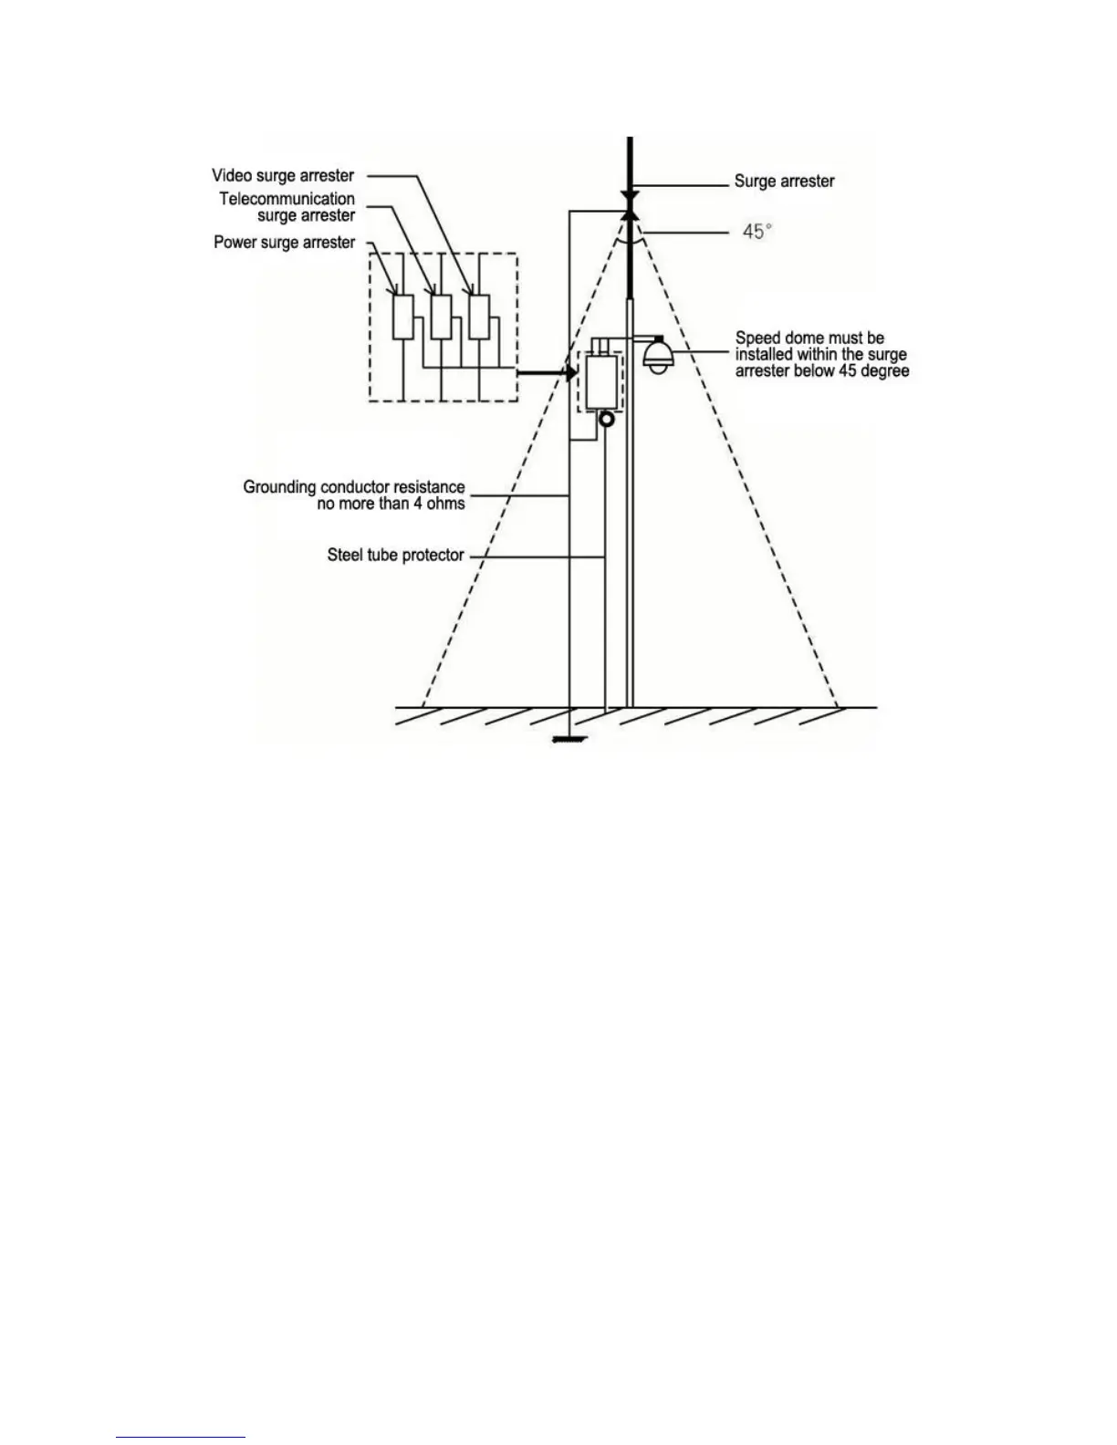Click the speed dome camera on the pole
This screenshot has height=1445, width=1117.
(x=656, y=355)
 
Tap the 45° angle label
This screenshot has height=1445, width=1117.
(x=757, y=232)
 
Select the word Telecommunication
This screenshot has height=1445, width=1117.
(x=287, y=199)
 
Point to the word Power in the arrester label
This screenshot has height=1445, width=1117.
(x=235, y=243)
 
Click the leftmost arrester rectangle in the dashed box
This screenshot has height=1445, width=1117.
(x=402, y=317)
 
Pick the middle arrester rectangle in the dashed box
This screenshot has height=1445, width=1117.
(x=441, y=317)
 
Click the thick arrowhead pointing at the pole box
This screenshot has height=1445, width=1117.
(x=569, y=372)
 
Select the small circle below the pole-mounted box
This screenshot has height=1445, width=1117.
(x=606, y=420)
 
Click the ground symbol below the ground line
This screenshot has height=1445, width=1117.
(x=569, y=741)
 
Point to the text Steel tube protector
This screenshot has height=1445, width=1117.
(x=395, y=555)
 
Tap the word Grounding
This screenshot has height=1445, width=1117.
(x=279, y=487)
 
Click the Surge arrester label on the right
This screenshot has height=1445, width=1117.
(x=784, y=182)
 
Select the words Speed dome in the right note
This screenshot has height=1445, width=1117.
(x=781, y=338)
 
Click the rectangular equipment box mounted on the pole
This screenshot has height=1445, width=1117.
(x=600, y=382)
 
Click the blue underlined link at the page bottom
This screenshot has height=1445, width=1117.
(x=181, y=1438)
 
